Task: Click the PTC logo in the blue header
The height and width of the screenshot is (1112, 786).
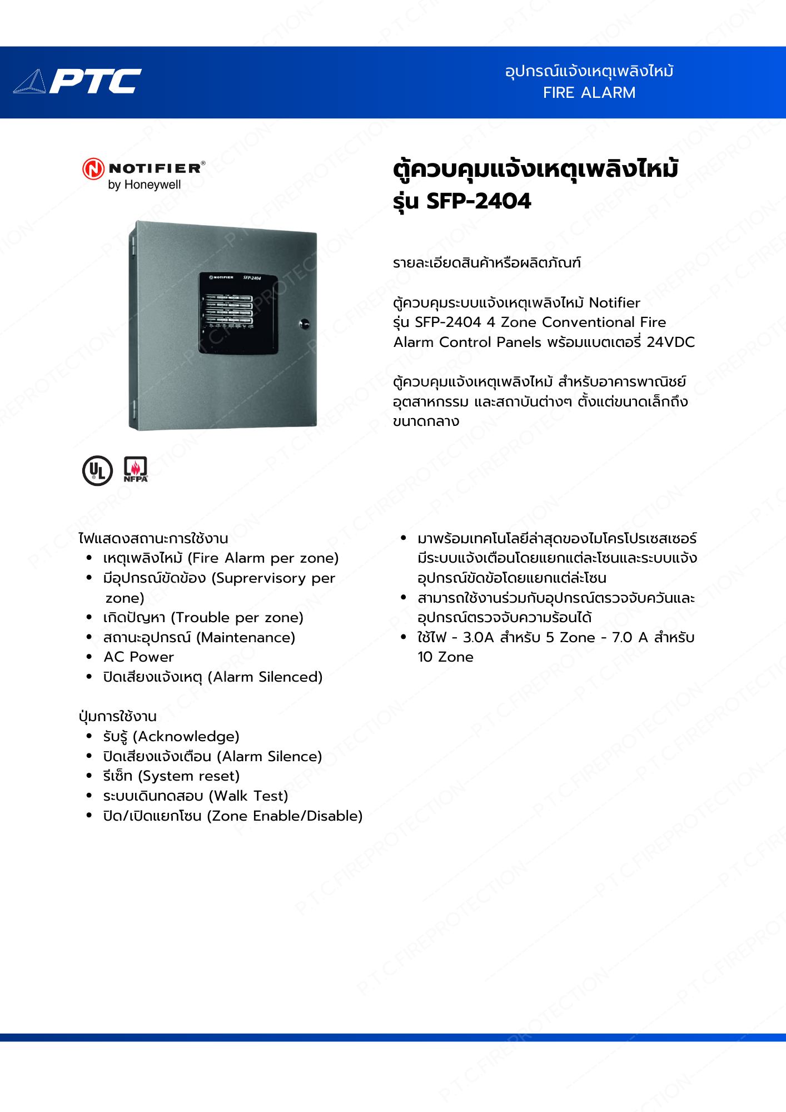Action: pyautogui.click(x=78, y=81)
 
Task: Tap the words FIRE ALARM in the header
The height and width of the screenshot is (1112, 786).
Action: pyautogui.click(x=589, y=93)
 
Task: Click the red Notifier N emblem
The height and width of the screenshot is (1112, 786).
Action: pyautogui.click(x=93, y=169)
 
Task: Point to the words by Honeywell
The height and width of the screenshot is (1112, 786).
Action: pyautogui.click(x=144, y=185)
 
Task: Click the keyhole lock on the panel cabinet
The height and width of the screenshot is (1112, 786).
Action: pyautogui.click(x=304, y=324)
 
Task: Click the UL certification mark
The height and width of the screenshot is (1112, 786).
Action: pyautogui.click(x=97, y=470)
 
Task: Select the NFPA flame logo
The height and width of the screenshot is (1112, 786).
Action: pyautogui.click(x=135, y=469)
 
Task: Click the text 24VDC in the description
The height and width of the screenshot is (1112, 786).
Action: pyautogui.click(x=670, y=342)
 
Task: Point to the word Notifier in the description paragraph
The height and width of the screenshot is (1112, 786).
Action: pyautogui.click(x=614, y=303)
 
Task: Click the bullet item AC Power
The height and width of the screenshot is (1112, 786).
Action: pyautogui.click(x=138, y=657)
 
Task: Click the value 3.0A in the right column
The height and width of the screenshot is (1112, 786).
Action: pyautogui.click(x=478, y=638)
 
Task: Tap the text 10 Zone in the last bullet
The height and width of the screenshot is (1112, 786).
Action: pyautogui.click(x=445, y=657)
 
